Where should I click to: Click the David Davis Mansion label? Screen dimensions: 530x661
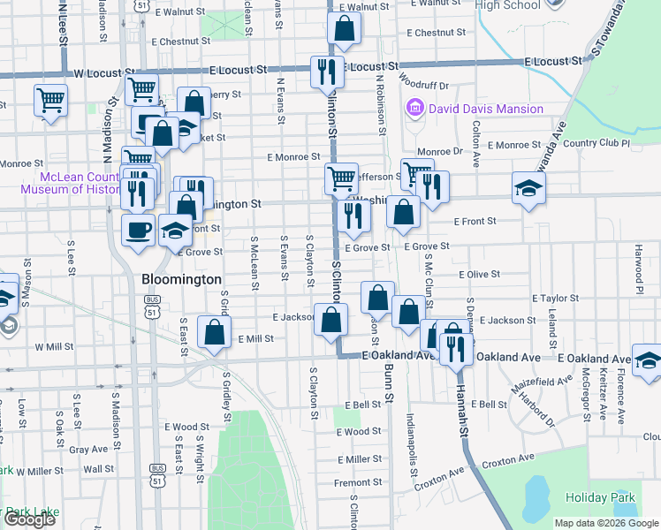point(485,110)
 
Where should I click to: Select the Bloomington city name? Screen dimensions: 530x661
point(181,279)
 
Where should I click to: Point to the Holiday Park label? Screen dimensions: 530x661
point(612,497)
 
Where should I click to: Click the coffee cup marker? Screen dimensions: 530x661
point(137,231)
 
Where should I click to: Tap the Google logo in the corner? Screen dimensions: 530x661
point(29,519)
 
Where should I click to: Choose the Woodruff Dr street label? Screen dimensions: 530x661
point(424,86)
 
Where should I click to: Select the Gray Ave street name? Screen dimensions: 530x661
point(88,449)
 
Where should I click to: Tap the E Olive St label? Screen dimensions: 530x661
point(479,275)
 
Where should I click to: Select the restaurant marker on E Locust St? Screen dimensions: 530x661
point(327,72)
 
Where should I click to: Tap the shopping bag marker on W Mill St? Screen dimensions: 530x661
point(215,332)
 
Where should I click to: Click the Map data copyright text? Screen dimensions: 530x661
point(606,523)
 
